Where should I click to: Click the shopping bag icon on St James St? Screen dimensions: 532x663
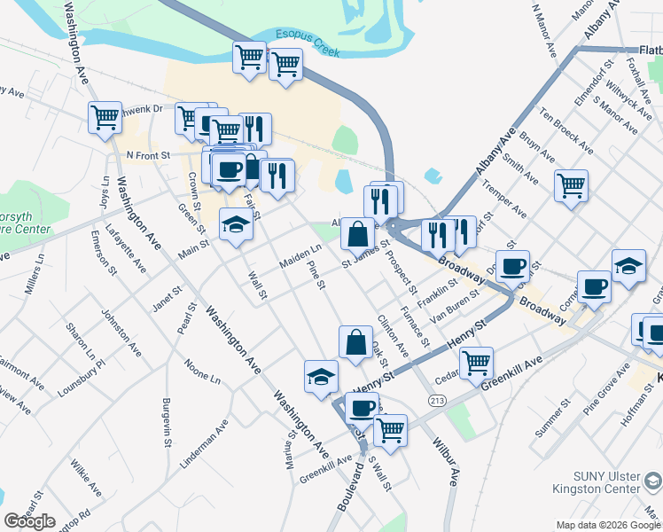[x=357, y=235]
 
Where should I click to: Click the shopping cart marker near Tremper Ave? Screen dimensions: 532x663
[x=571, y=185]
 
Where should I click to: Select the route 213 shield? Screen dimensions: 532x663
[x=437, y=401]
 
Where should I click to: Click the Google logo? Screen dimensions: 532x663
[x=30, y=521]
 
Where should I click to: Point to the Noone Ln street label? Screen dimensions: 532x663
[x=202, y=372]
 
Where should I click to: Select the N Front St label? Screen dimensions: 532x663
[x=147, y=154]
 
